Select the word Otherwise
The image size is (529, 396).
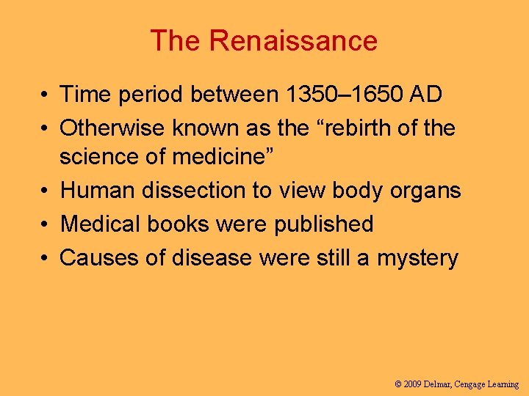pyautogui.click(x=112, y=128)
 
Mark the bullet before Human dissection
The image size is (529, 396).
pyautogui.click(x=46, y=191)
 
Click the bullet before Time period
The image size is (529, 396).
pyautogui.click(x=46, y=95)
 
